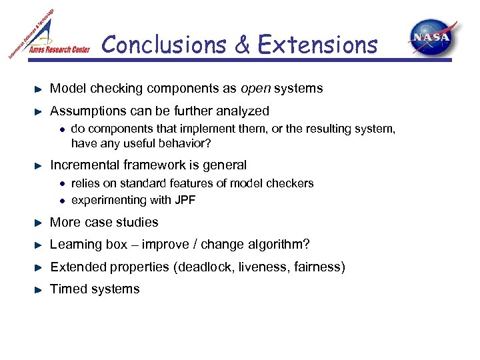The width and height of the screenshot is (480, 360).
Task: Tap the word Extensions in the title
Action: tap(317, 45)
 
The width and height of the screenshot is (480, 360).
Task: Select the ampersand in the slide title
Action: tap(243, 45)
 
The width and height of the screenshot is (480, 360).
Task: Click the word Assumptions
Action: tap(86, 111)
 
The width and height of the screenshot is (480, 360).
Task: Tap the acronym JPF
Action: tap(185, 200)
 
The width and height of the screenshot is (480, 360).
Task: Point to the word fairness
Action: tap(318, 267)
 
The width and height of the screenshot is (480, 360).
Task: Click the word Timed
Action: tap(67, 289)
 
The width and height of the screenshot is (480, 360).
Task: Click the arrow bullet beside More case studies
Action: tap(39, 223)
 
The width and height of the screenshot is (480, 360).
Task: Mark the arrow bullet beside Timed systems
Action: tap(39, 289)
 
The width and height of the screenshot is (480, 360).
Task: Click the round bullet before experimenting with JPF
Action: tap(61, 201)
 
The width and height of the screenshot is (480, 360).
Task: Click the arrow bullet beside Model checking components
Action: tap(39, 89)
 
